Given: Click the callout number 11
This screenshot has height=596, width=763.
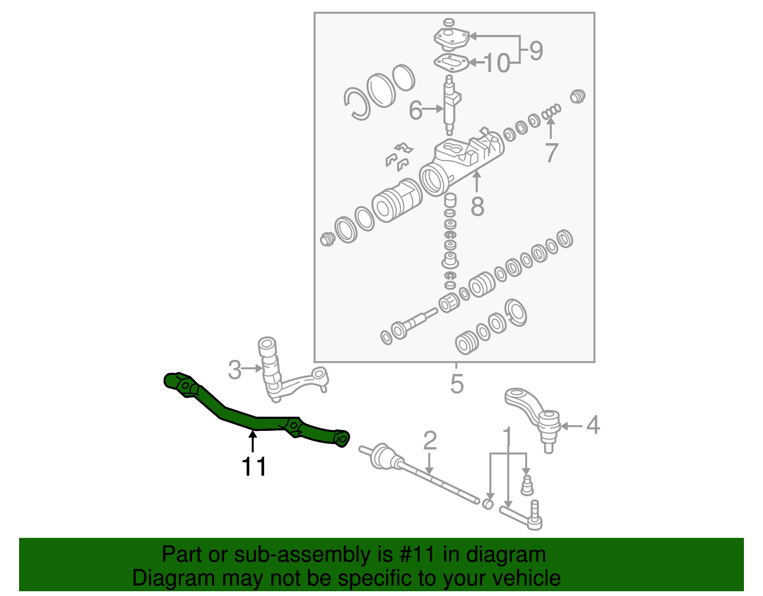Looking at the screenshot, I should pyautogui.click(x=254, y=467).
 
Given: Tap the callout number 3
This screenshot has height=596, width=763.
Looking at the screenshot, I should pyautogui.click(x=234, y=370).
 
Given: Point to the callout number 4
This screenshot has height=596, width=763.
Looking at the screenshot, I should pyautogui.click(x=592, y=425).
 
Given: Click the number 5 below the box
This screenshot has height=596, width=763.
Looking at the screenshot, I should pyautogui.click(x=456, y=384).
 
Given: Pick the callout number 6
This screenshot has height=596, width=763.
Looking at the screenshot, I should pyautogui.click(x=415, y=111).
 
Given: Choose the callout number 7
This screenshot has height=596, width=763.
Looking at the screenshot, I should pyautogui.click(x=551, y=153).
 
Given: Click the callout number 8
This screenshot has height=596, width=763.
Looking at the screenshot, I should pyautogui.click(x=477, y=207).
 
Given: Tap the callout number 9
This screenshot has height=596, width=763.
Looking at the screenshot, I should pyautogui.click(x=536, y=51).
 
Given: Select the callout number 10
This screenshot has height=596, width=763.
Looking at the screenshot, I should pyautogui.click(x=496, y=63).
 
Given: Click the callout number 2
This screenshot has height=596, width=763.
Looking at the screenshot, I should pyautogui.click(x=430, y=441).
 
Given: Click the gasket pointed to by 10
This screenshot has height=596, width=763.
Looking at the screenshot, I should pyautogui.click(x=450, y=63).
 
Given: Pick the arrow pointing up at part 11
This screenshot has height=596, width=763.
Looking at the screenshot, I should pyautogui.click(x=253, y=441).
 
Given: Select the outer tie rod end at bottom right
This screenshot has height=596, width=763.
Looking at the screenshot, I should pyautogui.click(x=525, y=518).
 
